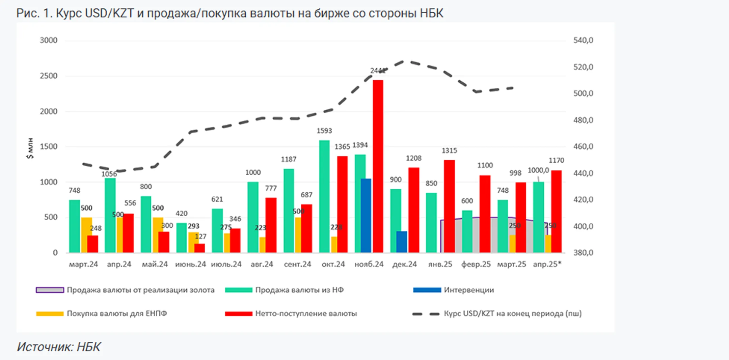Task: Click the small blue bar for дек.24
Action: pos(402,242)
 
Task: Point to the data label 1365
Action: pos(342,147)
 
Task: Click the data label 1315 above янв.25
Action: pos(449,150)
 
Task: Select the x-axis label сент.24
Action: pos(297,264)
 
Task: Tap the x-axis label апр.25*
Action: pos(547,264)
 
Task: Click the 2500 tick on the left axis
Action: pos(49,76)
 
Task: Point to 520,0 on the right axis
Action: pos(583,67)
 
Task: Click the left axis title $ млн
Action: pos(30,148)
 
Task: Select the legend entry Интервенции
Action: pos(468,290)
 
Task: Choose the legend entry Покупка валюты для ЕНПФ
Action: pos(116,313)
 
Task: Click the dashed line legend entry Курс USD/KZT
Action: pos(512,313)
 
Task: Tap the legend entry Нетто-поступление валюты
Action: pos(306,313)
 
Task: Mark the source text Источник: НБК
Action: pos(59,347)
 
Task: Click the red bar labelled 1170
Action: pos(556,211)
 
